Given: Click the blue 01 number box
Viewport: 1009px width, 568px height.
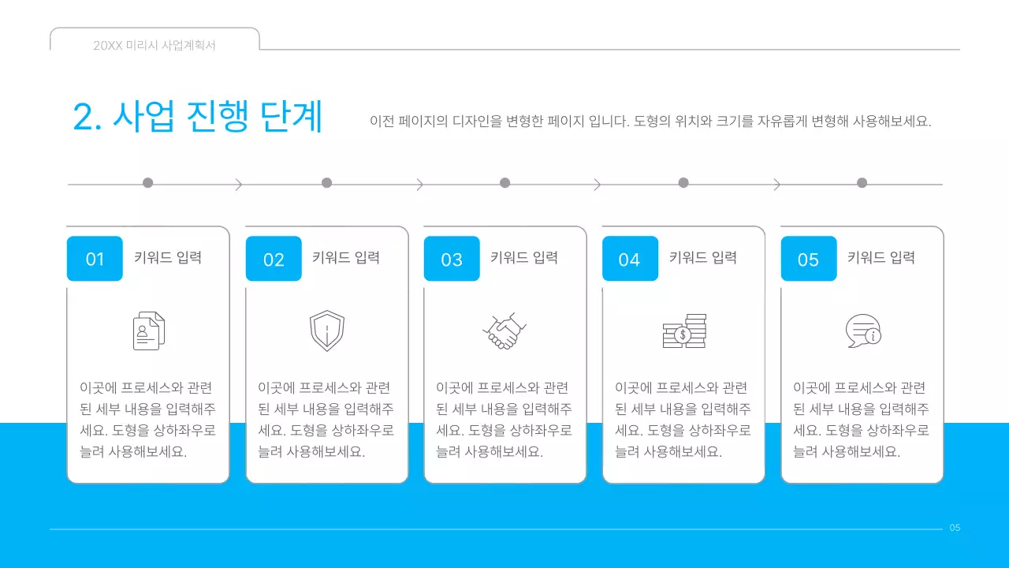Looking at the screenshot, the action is coord(95,259).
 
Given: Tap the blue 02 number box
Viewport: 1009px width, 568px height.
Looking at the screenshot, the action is coord(274,259).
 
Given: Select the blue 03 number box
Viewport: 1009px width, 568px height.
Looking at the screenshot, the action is coord(452,259).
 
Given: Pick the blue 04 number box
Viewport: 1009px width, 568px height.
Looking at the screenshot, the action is coord(630,259).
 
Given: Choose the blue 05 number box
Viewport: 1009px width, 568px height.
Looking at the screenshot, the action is coord(809,259).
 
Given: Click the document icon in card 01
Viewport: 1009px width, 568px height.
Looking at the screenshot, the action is coord(148,331).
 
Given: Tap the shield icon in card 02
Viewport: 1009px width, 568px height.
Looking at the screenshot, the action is coord(326,331).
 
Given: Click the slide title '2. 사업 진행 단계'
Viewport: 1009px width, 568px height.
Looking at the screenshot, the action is coord(198,117).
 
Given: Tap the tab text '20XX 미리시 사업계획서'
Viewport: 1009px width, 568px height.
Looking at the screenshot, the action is coord(155,46).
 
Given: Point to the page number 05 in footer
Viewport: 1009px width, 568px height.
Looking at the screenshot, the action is coord(955,528).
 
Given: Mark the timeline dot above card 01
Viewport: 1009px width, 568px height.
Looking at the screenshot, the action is coord(147,183).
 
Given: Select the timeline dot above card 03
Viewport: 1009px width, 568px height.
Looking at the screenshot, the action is coord(505,183).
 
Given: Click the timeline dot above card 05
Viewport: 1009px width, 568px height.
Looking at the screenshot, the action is coord(862,183).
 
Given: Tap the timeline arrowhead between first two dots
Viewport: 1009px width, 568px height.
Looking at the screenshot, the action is coord(238,185).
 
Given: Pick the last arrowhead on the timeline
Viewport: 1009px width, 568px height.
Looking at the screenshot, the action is coord(777,185).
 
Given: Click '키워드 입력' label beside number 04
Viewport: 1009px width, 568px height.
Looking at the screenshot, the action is coord(702,257).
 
